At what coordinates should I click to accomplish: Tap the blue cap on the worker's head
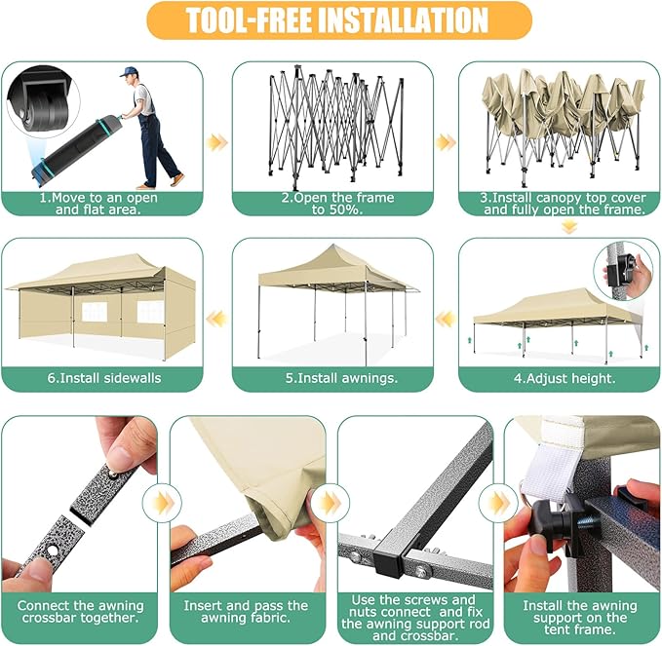pyautogui.click(x=128, y=71)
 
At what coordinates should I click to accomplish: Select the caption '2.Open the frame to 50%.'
pyautogui.click(x=337, y=204)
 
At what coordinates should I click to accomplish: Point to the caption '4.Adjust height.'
pyautogui.click(x=565, y=378)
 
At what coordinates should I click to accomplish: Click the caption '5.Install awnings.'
pyautogui.click(x=341, y=378)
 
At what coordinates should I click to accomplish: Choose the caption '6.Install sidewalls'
pyautogui.click(x=104, y=378)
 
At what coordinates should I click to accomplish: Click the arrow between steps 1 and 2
pyautogui.click(x=217, y=142)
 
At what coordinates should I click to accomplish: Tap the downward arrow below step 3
pyautogui.click(x=569, y=228)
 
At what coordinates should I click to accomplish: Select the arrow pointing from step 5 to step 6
pyautogui.click(x=217, y=319)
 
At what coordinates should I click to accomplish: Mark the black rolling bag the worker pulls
pyautogui.click(x=75, y=148)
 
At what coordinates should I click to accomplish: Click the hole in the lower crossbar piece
pyautogui.click(x=54, y=551)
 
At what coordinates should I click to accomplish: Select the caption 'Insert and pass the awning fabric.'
pyautogui.click(x=246, y=612)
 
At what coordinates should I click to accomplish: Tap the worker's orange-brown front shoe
pyautogui.click(x=176, y=179)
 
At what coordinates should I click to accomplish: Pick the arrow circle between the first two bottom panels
pyautogui.click(x=162, y=503)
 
